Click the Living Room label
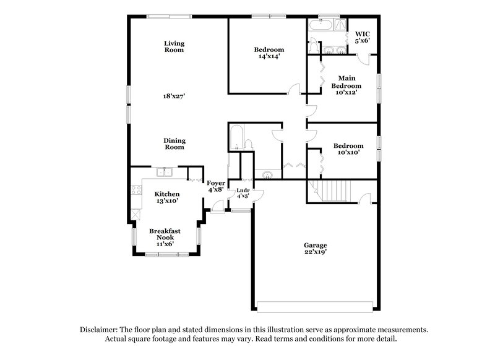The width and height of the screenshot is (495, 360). pos(174,46)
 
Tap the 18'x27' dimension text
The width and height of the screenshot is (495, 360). pos(174,96)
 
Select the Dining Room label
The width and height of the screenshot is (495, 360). pos(174,144)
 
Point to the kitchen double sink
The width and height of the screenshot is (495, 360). pos(164,173)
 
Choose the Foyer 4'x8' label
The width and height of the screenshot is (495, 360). pos(216,186)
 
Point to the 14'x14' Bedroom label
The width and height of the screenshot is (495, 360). pos(269,53)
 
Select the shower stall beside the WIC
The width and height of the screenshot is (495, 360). pos(342,25)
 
